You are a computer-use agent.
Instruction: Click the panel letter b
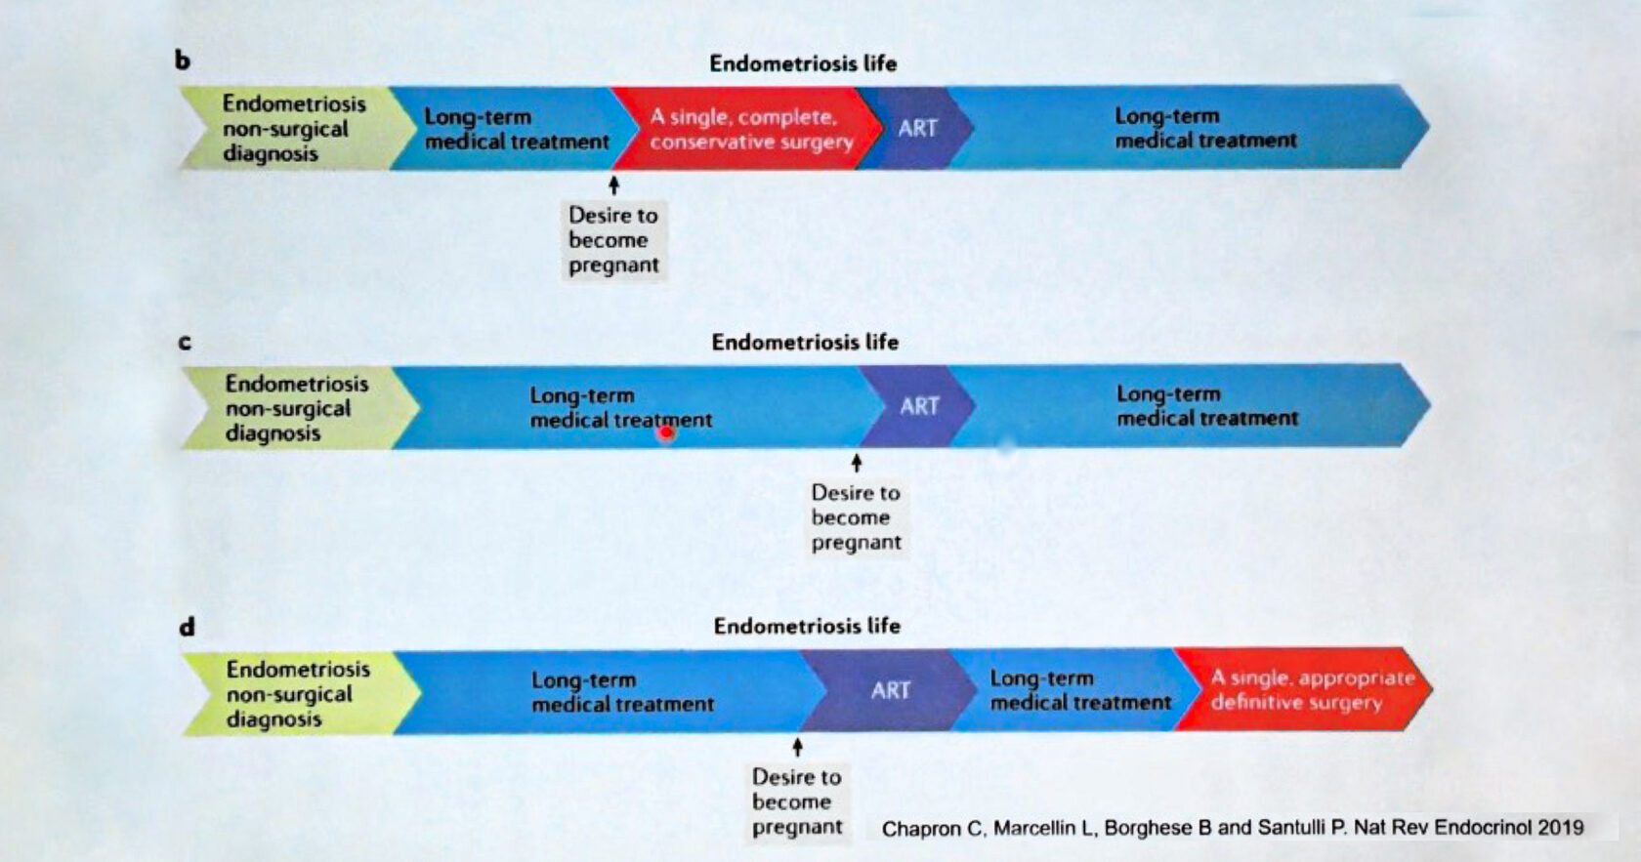click(x=183, y=61)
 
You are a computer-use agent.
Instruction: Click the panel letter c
click(x=185, y=343)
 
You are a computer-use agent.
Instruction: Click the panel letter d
click(x=187, y=626)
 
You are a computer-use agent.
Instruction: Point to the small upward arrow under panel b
click(x=613, y=185)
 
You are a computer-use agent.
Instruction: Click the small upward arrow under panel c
click(x=857, y=463)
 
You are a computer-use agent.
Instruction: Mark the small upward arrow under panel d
click(x=797, y=747)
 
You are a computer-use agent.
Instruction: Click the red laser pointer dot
click(x=666, y=431)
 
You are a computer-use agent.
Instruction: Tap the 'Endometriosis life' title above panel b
click(x=803, y=63)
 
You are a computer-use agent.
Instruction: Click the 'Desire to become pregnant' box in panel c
click(x=856, y=517)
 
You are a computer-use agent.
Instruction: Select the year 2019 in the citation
click(x=1560, y=828)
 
